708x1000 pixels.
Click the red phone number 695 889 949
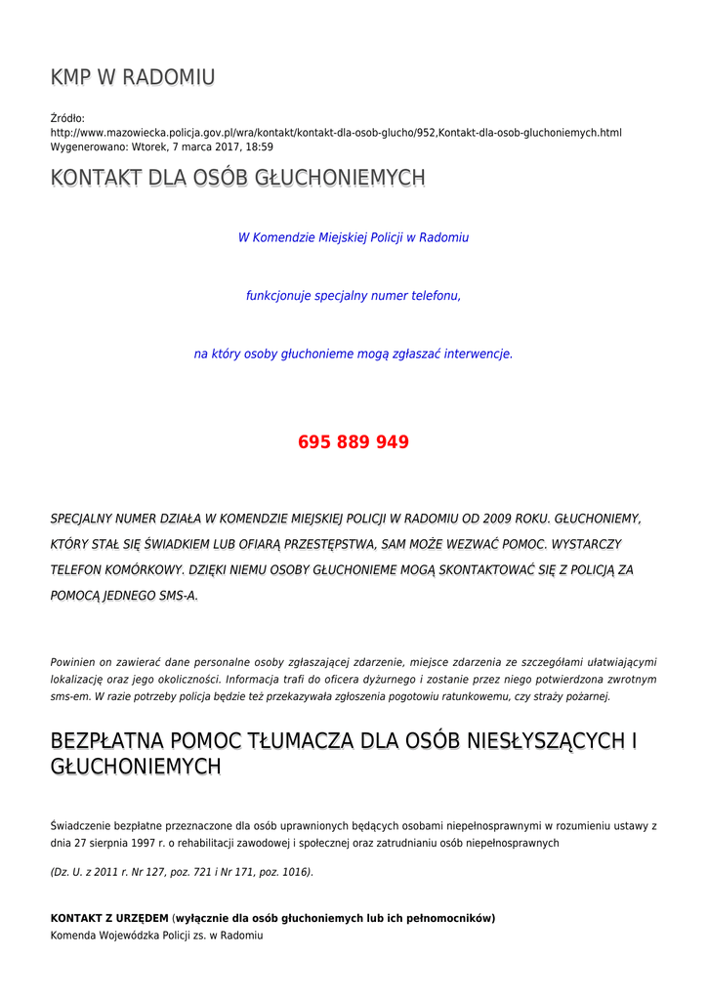[x=354, y=442]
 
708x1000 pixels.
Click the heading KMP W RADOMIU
[x=133, y=77]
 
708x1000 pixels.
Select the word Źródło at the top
[x=67, y=118]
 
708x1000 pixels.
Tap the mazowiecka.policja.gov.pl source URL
[x=336, y=133]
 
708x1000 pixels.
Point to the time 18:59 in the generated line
[x=259, y=146]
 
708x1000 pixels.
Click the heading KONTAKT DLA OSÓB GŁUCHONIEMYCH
[x=237, y=178]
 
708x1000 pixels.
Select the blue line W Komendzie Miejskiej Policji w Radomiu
[x=354, y=237]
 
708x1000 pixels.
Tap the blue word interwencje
[x=479, y=354]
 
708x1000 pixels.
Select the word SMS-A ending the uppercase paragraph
[x=178, y=595]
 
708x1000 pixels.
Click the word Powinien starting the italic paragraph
[x=74, y=662]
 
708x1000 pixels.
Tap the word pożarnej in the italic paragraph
[x=588, y=696]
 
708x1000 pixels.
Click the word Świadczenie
[x=86, y=826]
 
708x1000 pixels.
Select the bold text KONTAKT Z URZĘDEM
[x=109, y=918]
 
